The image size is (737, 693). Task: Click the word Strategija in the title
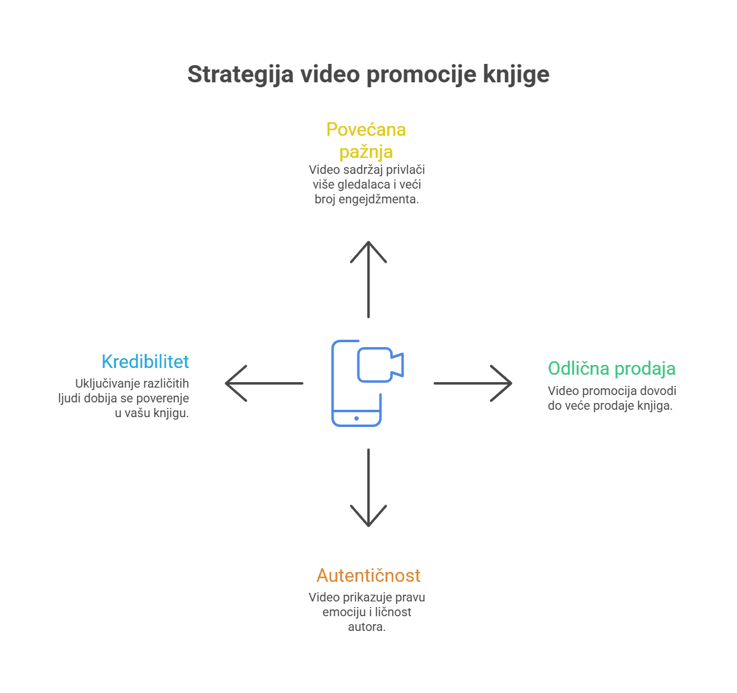[241, 75]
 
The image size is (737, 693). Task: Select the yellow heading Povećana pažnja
[366, 141]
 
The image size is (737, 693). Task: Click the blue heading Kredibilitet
[145, 361]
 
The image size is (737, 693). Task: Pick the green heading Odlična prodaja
[612, 369]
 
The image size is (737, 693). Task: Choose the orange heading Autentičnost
[368, 575]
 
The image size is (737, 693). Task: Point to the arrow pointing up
[368, 280]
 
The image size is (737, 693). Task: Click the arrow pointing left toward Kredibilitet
[264, 383]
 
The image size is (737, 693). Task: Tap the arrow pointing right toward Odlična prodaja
[473, 383]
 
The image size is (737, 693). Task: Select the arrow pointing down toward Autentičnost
[368, 487]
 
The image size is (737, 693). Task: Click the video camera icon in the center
[380, 365]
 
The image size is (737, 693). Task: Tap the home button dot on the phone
[356, 418]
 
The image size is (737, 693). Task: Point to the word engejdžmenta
[378, 200]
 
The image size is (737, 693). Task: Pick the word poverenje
[163, 398]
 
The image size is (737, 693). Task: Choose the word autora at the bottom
[367, 627]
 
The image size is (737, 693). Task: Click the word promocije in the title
[421, 75]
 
